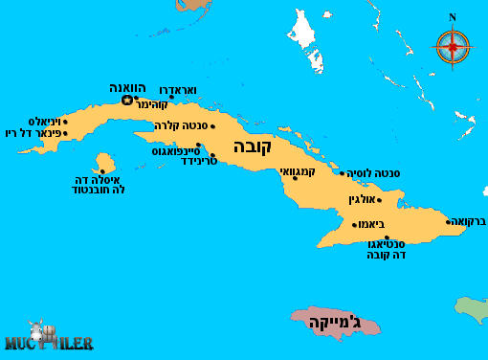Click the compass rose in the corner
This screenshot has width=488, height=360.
[x=453, y=45]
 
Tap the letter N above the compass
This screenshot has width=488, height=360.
[x=453, y=17]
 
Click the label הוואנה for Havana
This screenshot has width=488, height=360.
[x=126, y=88]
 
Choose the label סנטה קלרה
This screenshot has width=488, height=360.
[x=181, y=125]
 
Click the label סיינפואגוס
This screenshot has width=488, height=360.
[x=175, y=150]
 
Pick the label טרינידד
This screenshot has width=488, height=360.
[x=201, y=161]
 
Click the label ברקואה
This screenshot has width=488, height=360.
[x=469, y=222]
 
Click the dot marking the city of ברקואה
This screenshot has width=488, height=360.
[x=448, y=222]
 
